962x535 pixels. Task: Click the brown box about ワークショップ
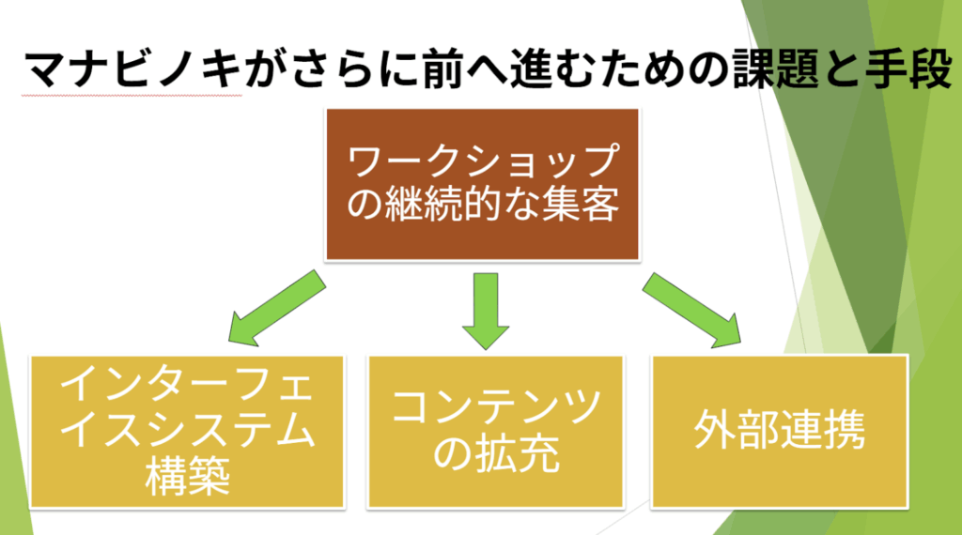coord(482,183)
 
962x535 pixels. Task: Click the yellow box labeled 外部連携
coord(780,431)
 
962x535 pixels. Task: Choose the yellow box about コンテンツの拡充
coord(495,431)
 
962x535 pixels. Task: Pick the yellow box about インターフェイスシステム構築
coord(187,431)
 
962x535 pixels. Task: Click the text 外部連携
coord(780,431)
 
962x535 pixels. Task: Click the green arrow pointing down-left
coord(273,310)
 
